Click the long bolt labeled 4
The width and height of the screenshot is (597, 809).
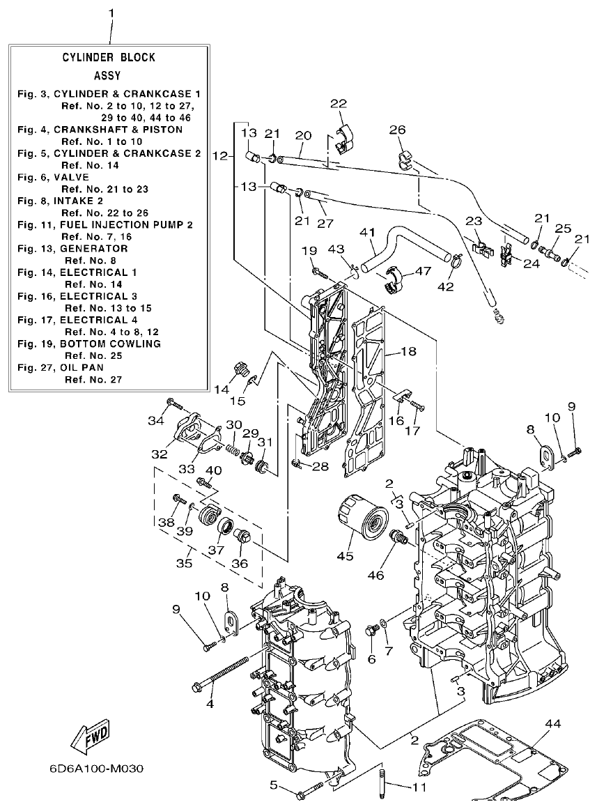pyautogui.click(x=221, y=674)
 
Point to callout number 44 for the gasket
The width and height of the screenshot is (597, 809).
pyautogui.click(x=553, y=725)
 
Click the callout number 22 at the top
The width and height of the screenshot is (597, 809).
pyautogui.click(x=338, y=103)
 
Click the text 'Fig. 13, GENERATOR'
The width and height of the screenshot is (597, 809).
pyautogui.click(x=72, y=249)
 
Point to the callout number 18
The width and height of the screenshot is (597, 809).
pyautogui.click(x=408, y=352)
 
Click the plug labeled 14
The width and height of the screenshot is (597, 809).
pyautogui.click(x=241, y=369)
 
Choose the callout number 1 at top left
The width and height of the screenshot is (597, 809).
pyautogui.click(x=112, y=13)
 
